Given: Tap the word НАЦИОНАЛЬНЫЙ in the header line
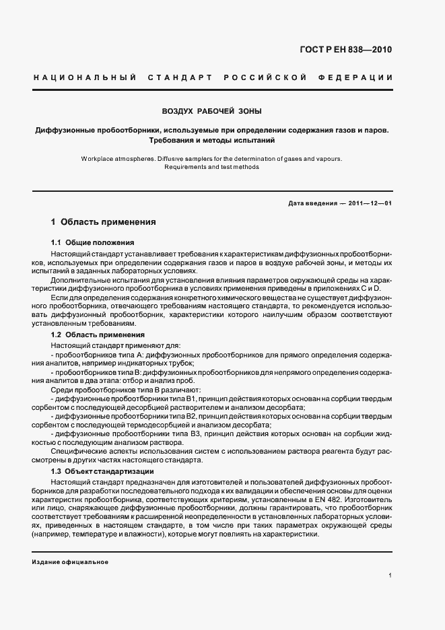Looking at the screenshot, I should [80, 78].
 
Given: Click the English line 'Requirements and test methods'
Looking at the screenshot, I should [212, 167].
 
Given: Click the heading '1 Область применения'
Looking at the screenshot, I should [104, 221].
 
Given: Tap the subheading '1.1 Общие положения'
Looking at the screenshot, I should [93, 242].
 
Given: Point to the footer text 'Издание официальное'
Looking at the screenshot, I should [70, 561].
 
